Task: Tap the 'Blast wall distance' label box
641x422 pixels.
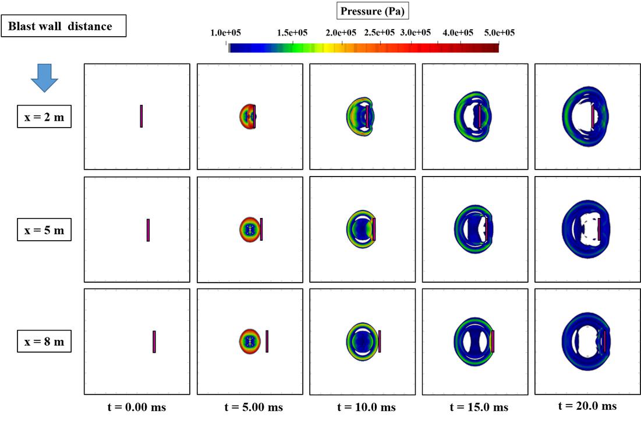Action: pos(64,27)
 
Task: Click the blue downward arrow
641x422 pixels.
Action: pos(44,78)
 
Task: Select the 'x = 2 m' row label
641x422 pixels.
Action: pos(44,117)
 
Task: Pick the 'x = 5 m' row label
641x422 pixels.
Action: pos(44,230)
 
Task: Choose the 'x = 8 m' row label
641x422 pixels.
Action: pos(44,342)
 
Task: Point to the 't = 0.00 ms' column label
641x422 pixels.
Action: pos(136,407)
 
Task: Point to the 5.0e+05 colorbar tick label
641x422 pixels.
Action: pos(499,33)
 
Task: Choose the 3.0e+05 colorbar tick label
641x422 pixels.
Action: pos(415,33)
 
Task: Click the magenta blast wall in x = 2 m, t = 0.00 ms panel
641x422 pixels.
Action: pos(141,116)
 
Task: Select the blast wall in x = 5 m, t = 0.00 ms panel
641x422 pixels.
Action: pos(148,230)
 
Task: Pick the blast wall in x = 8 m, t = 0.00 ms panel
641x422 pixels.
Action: pos(154,342)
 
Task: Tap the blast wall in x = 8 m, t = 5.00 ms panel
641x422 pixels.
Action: pos(267,341)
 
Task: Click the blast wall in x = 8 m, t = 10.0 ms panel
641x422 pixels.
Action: pos(379,341)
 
